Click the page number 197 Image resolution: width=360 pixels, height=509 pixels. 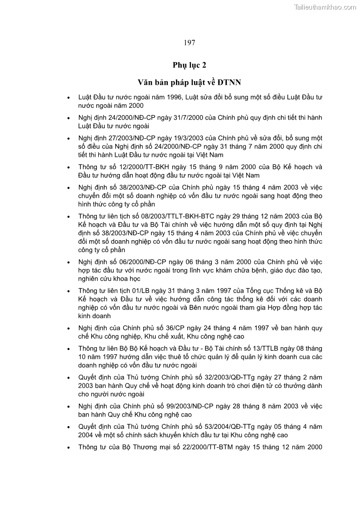click(x=190, y=43)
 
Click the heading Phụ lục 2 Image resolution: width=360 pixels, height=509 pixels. click(x=190, y=65)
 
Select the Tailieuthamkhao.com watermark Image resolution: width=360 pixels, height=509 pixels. click(x=325, y=7)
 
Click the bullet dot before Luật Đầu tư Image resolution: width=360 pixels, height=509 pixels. click(x=68, y=97)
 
